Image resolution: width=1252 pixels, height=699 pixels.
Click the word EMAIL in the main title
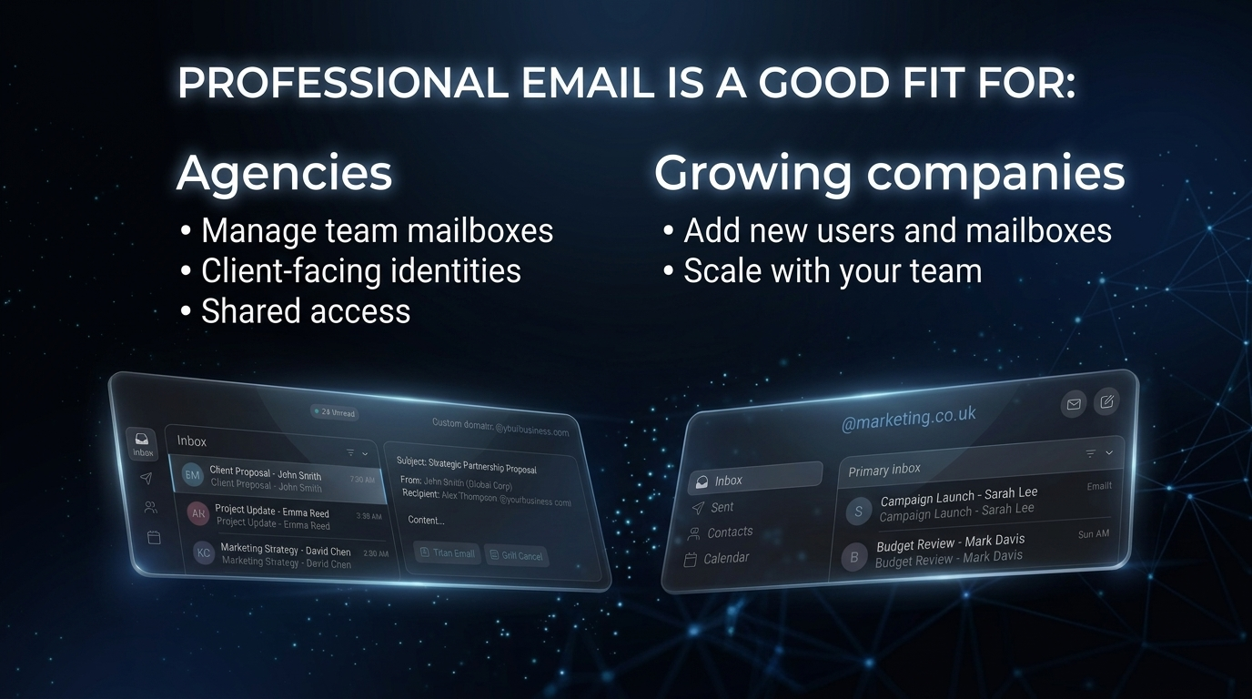[588, 83]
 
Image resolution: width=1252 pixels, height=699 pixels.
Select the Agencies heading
[284, 172]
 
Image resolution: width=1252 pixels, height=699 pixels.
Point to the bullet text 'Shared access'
[306, 311]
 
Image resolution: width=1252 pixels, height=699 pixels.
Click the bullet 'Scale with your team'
[833, 271]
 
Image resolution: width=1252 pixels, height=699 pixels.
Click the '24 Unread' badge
[335, 412]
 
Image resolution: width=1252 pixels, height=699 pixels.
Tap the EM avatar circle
[192, 475]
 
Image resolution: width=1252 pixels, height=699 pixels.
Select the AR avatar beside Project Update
[198, 513]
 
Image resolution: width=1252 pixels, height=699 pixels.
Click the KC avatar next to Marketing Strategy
[204, 552]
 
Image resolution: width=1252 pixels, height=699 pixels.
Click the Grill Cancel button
[516, 555]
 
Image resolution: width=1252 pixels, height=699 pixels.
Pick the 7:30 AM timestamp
[362, 480]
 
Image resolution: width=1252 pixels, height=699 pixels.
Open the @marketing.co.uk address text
[908, 417]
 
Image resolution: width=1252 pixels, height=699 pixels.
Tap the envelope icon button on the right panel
[1074, 404]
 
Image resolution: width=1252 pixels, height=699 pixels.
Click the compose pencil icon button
[1106, 400]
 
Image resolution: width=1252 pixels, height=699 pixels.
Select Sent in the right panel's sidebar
[722, 507]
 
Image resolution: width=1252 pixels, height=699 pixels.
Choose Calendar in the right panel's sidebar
[726, 558]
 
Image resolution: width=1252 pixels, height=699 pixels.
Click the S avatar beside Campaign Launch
[858, 512]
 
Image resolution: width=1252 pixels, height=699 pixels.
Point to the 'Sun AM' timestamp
[1093, 534]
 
